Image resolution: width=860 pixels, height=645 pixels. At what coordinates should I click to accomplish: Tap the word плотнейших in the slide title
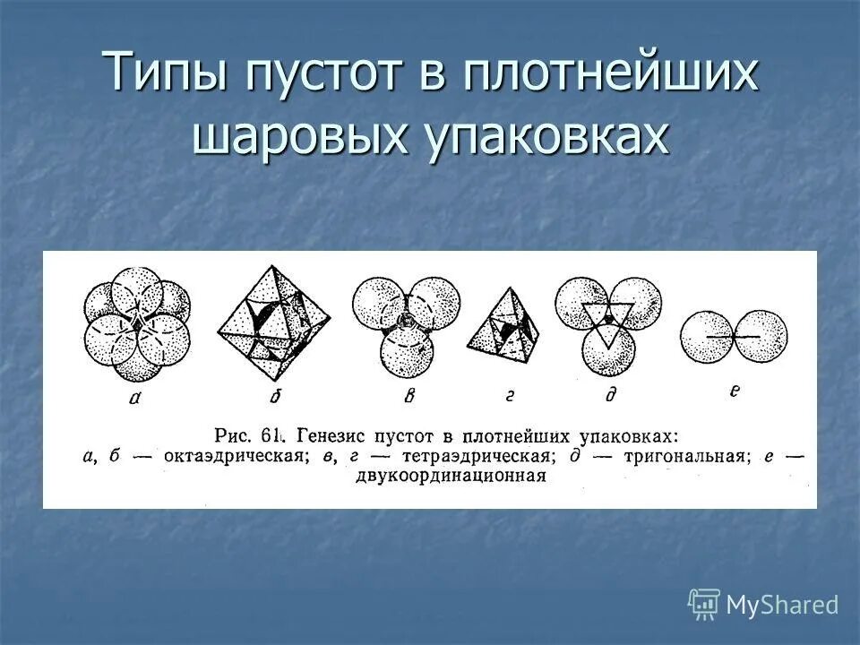[x=609, y=73]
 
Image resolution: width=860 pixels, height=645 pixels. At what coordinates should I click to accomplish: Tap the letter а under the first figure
[x=134, y=400]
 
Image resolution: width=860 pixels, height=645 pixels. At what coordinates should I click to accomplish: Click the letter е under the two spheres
[x=734, y=391]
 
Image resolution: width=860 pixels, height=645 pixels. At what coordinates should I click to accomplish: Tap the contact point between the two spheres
[x=734, y=336]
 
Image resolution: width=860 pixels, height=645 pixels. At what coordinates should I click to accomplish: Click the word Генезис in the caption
[x=332, y=436]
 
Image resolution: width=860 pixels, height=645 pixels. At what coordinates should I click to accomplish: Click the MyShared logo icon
[x=704, y=605]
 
